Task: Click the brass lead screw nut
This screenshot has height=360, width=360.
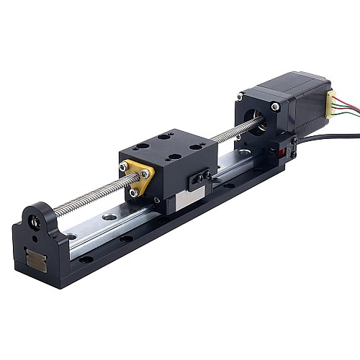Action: point(137,177)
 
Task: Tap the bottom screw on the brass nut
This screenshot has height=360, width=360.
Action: point(133,192)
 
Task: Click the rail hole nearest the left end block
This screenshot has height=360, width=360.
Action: point(71,236)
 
